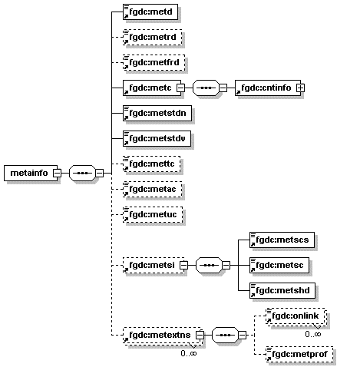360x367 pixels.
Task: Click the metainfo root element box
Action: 28,174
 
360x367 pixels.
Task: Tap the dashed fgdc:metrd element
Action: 153,36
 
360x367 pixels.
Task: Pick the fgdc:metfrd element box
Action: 154,61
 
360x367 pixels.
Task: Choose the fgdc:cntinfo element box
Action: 265,88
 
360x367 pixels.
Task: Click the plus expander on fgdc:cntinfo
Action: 300,88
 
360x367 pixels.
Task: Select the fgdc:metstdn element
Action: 157,113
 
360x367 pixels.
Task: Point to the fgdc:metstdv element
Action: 157,138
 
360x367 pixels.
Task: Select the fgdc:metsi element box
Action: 150,266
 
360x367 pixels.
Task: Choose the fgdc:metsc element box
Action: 279,265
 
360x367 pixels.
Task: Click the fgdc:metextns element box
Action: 157,335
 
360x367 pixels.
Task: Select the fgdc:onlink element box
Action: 294,316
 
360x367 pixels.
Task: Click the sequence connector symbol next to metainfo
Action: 81,174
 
